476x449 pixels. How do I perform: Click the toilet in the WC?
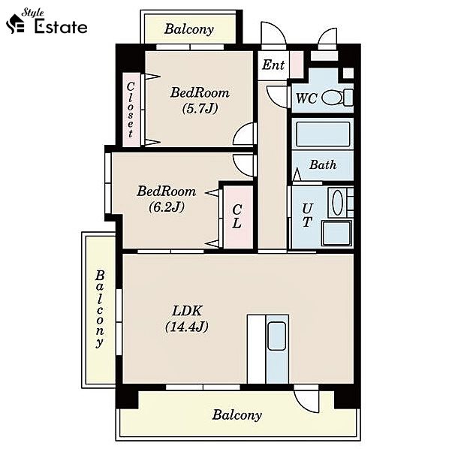(x=337, y=98)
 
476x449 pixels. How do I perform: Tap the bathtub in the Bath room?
(x=323, y=134)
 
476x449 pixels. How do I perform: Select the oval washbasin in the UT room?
(x=337, y=202)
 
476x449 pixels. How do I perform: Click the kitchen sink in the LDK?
(x=277, y=336)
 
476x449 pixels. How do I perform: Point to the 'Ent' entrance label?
(x=273, y=65)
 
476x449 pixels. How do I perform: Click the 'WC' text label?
(x=306, y=98)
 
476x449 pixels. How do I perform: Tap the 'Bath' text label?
(x=323, y=165)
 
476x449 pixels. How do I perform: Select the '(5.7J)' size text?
(x=200, y=108)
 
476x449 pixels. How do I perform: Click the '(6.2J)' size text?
(x=167, y=207)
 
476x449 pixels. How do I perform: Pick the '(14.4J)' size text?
(x=187, y=327)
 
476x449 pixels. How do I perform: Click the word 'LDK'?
(x=187, y=311)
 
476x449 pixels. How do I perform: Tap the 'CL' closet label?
(x=236, y=215)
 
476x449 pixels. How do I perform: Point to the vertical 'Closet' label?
(x=131, y=110)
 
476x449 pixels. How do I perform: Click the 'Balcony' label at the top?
(x=188, y=29)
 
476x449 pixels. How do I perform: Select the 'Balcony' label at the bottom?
(x=236, y=414)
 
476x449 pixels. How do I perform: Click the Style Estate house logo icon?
(x=15, y=23)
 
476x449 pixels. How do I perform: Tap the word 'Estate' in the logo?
(x=61, y=27)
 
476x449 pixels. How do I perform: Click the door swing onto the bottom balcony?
(x=306, y=401)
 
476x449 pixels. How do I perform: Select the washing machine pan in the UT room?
(x=336, y=234)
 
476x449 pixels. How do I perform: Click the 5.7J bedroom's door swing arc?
(x=243, y=134)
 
